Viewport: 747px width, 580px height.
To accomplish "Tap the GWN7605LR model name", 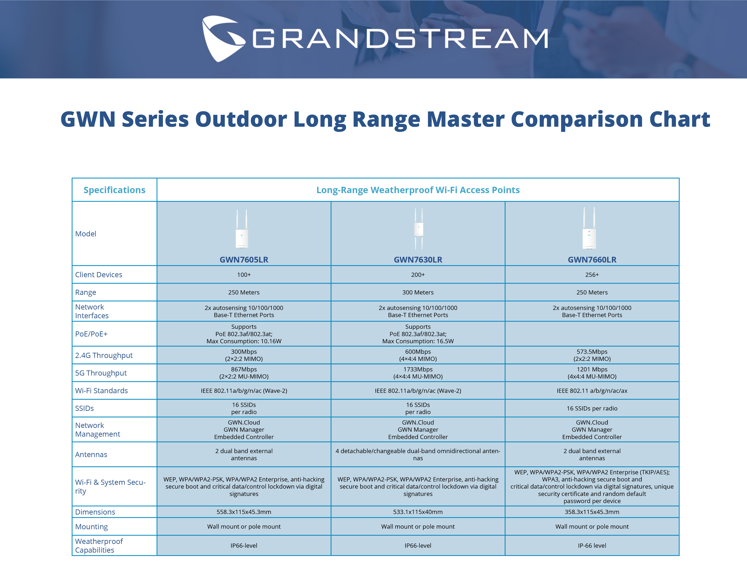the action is [x=244, y=260].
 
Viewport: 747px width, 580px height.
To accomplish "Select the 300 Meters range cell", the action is [x=418, y=292].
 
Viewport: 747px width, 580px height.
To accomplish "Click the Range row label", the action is [x=85, y=292].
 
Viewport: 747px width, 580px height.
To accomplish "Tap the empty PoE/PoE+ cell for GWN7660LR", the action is [x=592, y=334].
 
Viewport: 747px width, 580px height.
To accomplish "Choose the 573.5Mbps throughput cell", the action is [x=592, y=355].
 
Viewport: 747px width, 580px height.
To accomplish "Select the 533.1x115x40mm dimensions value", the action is [x=418, y=512].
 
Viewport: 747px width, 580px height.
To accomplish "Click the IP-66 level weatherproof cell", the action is [x=592, y=545].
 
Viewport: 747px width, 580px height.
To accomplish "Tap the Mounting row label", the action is [x=91, y=527].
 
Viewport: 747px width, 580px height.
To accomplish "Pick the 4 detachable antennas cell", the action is [x=418, y=454].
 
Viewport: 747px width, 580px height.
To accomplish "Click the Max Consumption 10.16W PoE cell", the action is [x=244, y=334].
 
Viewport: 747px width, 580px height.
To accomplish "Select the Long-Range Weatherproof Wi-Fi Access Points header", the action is [x=418, y=190].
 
